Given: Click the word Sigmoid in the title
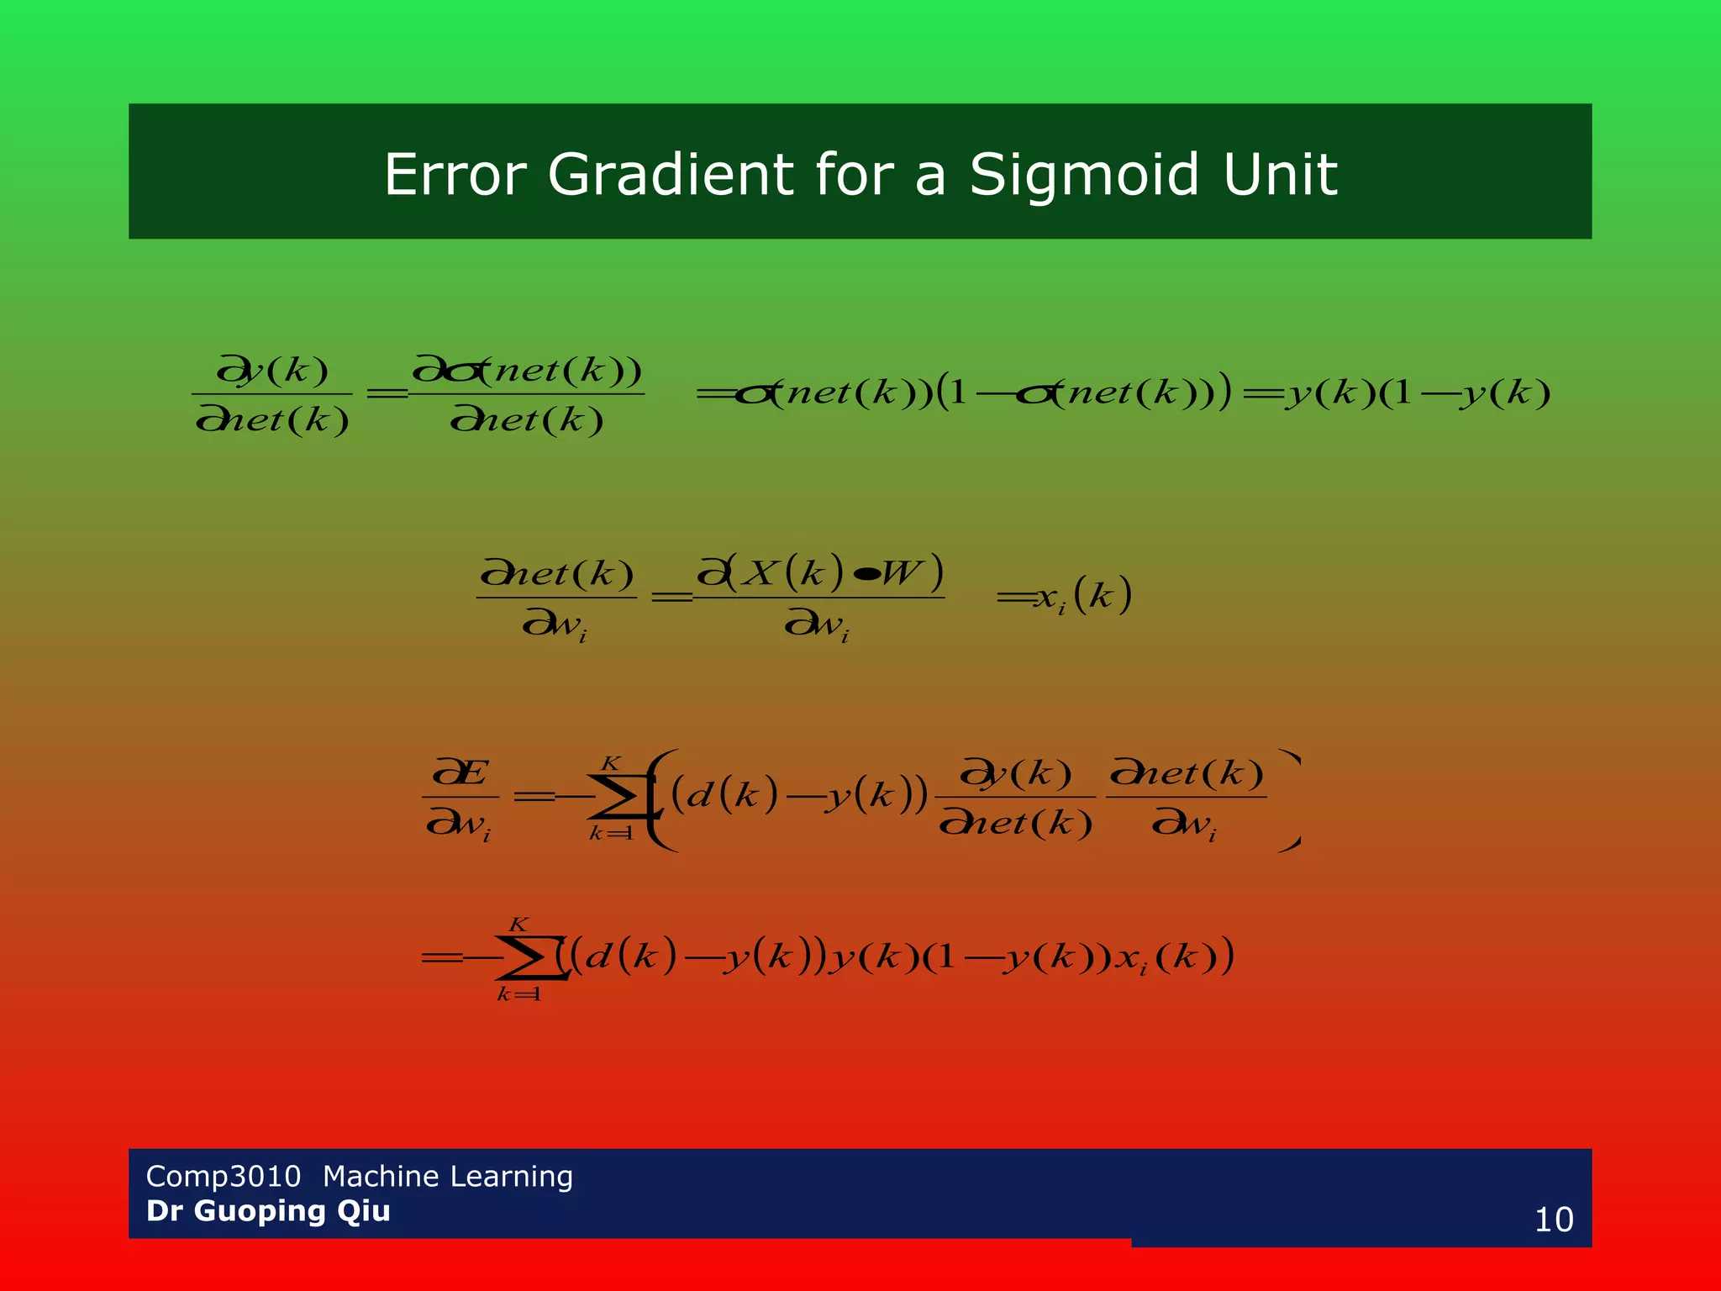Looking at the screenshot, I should pyautogui.click(x=1084, y=175).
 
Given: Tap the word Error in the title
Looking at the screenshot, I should pyautogui.click(x=455, y=175).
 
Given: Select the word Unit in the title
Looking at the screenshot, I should pyautogui.click(x=1280, y=175).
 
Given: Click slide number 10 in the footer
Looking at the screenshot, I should pyautogui.click(x=1553, y=1220).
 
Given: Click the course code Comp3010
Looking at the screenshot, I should pyautogui.click(x=223, y=1176).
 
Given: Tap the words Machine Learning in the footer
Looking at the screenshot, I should pyautogui.click(x=447, y=1176).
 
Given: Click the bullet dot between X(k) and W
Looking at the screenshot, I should pyautogui.click(x=866, y=574).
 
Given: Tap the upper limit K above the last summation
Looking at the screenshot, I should pyautogui.click(x=518, y=925).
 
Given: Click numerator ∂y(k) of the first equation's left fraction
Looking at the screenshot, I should pyautogui.click(x=272, y=370).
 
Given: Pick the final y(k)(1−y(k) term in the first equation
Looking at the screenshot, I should pyautogui.click(x=1417, y=393).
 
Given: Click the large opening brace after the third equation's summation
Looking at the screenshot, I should pyautogui.click(x=663, y=799).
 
